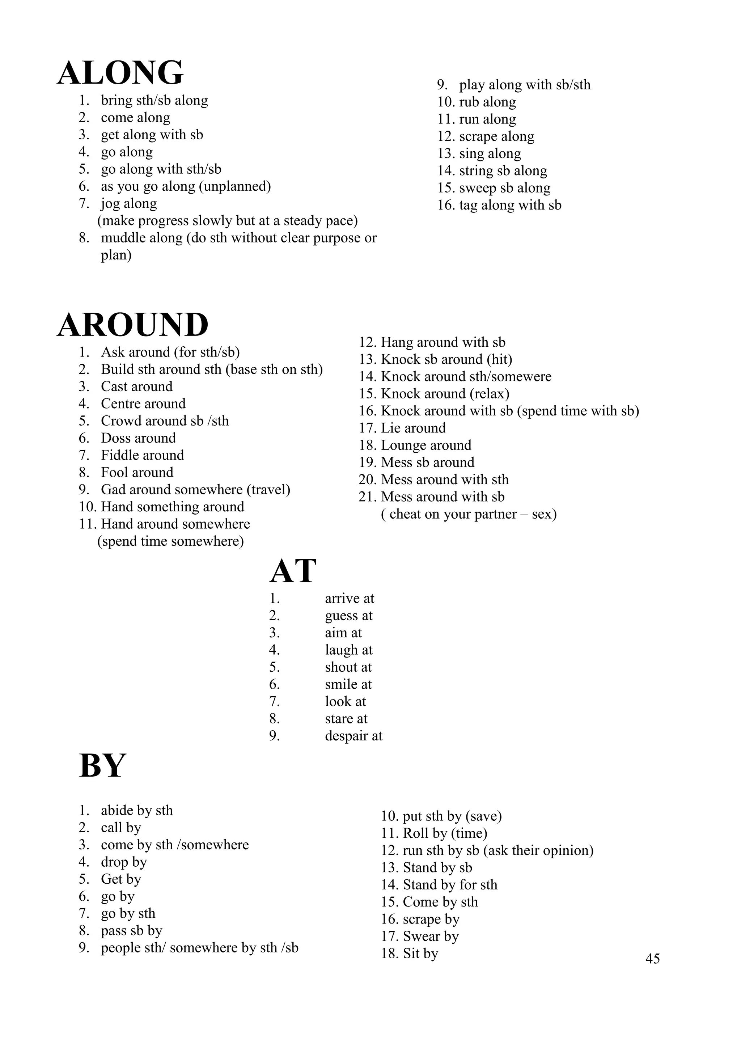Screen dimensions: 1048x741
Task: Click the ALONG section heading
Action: pos(120,73)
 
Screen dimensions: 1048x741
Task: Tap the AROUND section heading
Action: pos(133,325)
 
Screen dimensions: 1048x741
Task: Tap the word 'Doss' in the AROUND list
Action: pos(116,438)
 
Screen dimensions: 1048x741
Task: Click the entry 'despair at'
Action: pos(353,736)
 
